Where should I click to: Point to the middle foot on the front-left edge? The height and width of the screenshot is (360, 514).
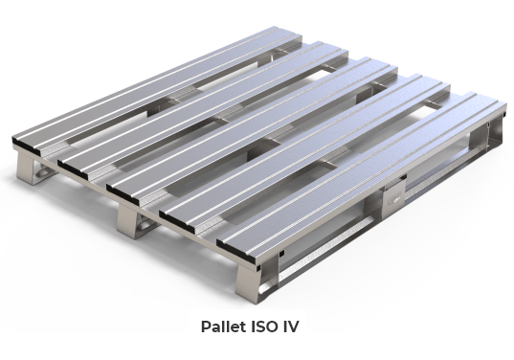[134, 223]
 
